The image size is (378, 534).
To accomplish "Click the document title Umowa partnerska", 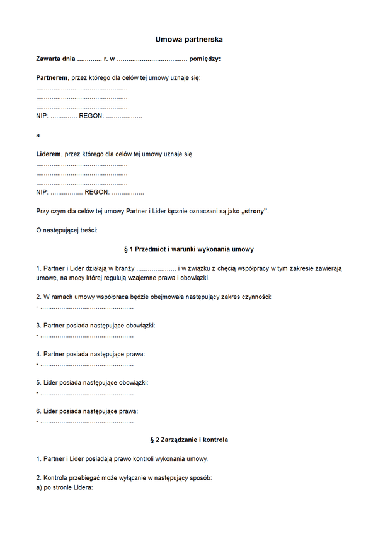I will (x=189, y=40).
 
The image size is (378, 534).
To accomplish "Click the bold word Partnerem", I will (x=52, y=77).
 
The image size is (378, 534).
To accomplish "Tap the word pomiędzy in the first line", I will (x=204, y=59).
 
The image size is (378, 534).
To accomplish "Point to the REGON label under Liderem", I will (x=97, y=192).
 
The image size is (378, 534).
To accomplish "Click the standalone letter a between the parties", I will (x=38, y=135).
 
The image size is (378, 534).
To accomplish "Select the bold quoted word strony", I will (x=254, y=211).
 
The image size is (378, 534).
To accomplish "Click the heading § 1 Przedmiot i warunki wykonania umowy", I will (x=189, y=249).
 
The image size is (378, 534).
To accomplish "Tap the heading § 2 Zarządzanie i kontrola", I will (x=189, y=440).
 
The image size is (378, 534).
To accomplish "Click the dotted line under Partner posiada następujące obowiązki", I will (x=87, y=336).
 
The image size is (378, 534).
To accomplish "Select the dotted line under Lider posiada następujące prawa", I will (x=87, y=421).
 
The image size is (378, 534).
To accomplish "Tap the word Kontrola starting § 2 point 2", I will (x=57, y=478).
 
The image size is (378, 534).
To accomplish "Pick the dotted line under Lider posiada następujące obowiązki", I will (x=87, y=392).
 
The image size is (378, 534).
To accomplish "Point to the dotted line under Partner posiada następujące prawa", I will (x=87, y=364).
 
